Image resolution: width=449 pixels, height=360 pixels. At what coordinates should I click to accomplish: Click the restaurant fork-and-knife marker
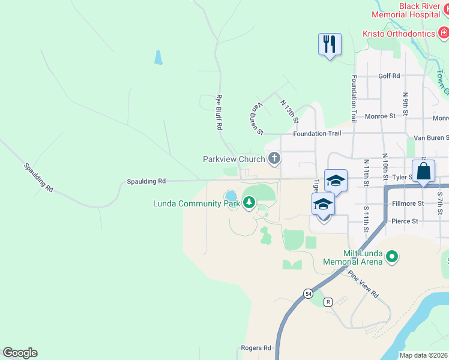[x=330, y=44]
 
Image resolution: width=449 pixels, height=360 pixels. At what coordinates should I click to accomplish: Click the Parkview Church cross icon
[x=274, y=159]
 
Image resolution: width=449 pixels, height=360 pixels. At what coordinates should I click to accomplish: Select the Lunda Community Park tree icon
[x=249, y=203]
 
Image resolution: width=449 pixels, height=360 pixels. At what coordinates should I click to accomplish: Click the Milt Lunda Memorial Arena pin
[x=392, y=257]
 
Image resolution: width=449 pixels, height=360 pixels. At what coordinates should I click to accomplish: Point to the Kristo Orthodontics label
[x=398, y=34]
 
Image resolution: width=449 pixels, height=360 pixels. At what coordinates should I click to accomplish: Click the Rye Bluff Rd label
[x=219, y=112]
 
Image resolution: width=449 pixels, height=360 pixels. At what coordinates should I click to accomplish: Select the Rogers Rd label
[x=256, y=347]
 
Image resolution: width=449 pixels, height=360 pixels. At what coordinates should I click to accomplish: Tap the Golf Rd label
[x=389, y=76]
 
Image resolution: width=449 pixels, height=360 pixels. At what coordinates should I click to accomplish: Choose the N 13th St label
[x=289, y=112]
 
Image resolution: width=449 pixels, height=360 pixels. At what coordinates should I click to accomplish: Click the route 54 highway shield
[x=308, y=293]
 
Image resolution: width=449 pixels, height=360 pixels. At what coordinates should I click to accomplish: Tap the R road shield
[x=328, y=302]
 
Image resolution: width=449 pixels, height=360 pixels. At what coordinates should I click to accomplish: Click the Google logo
[x=20, y=353]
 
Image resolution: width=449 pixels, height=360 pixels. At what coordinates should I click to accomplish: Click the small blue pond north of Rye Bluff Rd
[x=158, y=58]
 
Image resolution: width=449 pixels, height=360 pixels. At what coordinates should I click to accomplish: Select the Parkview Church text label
[x=234, y=159]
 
